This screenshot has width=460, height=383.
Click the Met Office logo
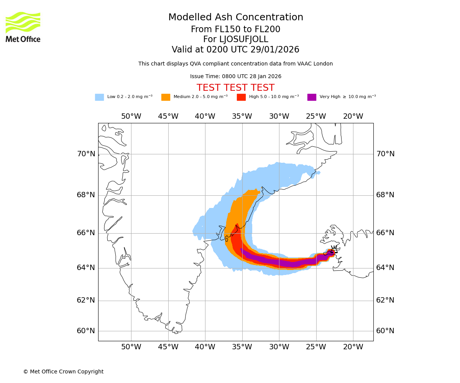[x=23, y=27]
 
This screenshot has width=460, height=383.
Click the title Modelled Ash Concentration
[x=236, y=18]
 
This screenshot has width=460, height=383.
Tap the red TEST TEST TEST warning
[x=235, y=88]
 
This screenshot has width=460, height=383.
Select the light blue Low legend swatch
[x=99, y=97]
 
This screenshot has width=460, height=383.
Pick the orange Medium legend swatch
[x=166, y=97]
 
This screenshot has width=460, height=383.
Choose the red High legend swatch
[x=241, y=97]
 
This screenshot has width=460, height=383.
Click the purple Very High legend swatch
[x=312, y=97]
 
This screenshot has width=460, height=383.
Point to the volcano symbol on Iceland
[x=334, y=250]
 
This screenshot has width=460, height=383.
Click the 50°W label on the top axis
[x=131, y=116]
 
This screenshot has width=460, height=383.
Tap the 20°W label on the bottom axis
[x=353, y=347]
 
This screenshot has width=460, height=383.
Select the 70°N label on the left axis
[x=86, y=154]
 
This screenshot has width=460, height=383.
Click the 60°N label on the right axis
[x=385, y=331]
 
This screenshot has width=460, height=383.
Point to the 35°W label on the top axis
[x=242, y=116]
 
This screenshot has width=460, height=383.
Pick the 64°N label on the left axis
[x=86, y=268]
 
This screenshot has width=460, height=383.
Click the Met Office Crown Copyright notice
[x=63, y=372]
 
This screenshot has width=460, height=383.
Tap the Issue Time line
[x=236, y=77]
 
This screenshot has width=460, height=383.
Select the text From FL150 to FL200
[x=236, y=29]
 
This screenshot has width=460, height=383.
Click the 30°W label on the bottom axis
[x=279, y=347]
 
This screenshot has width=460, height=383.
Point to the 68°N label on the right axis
[x=385, y=195]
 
